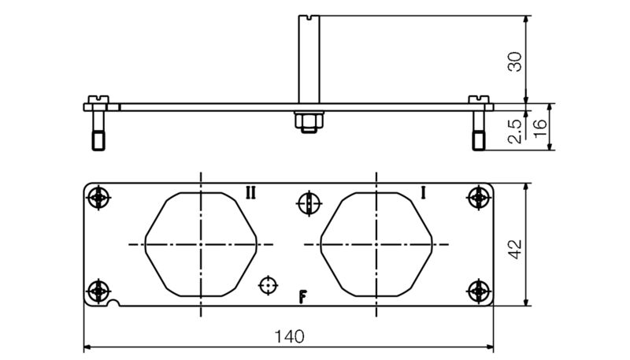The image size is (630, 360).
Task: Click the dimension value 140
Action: (x=289, y=336)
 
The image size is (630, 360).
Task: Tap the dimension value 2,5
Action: (x=514, y=130)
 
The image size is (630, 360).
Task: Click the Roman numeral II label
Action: (x=250, y=192)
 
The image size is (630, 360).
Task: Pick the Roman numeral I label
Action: (x=424, y=192)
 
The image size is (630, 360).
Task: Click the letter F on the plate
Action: (x=302, y=296)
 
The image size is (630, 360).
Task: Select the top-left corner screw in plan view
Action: (x=98, y=198)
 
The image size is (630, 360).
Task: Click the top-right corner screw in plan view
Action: (x=478, y=198)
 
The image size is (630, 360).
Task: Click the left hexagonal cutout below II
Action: (x=202, y=245)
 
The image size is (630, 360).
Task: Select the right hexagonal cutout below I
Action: (x=377, y=245)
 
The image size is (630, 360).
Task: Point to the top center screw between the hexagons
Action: (x=308, y=203)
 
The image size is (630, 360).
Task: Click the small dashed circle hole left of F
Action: (x=269, y=284)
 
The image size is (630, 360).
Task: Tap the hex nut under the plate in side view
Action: (x=307, y=121)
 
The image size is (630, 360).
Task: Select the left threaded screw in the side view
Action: (x=98, y=129)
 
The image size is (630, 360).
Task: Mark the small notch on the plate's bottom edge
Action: (x=116, y=303)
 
